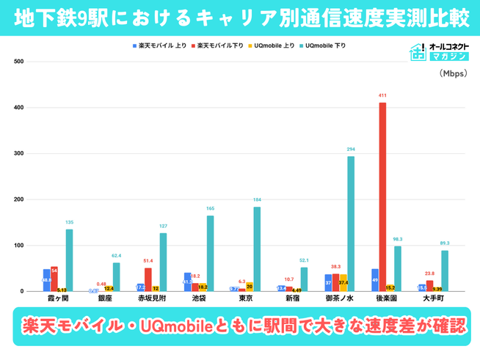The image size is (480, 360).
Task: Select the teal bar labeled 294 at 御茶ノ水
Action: pos(351,224)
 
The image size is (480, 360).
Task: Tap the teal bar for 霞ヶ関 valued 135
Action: pos(69,260)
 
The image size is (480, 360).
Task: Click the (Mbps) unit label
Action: pos(449,74)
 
